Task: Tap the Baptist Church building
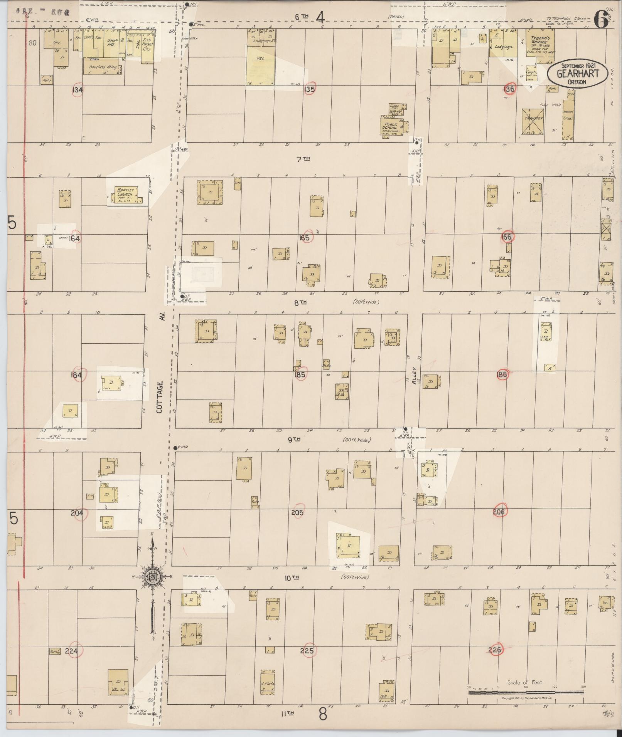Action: (x=125, y=194)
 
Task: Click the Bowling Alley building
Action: (x=102, y=67)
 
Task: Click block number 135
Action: (x=309, y=89)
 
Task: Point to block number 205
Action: (x=298, y=512)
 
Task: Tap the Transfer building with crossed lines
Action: (x=533, y=121)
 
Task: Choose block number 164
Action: (x=74, y=238)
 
